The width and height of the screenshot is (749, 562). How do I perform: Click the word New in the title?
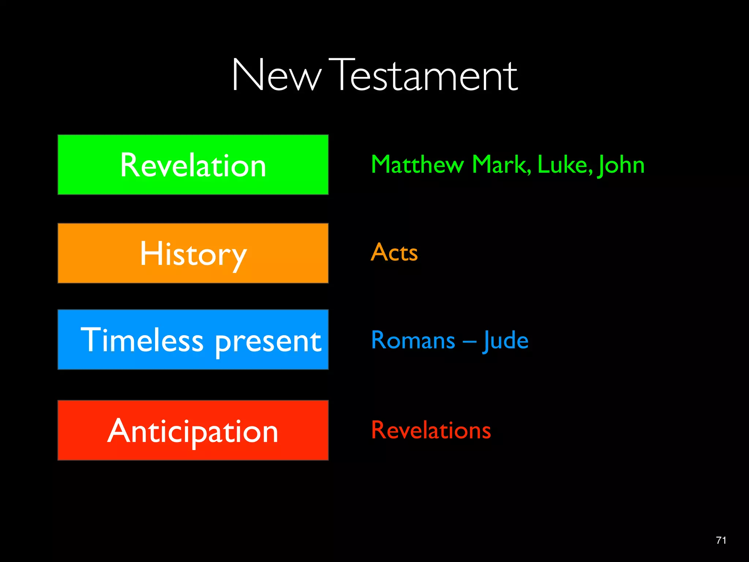(x=276, y=76)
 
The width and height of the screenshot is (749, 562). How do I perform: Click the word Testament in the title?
(x=426, y=76)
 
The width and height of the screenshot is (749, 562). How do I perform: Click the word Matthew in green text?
(x=417, y=165)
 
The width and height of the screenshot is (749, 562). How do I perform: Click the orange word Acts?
(x=394, y=252)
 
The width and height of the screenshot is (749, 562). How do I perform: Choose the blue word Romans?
(x=413, y=340)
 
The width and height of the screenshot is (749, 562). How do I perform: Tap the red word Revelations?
(x=431, y=430)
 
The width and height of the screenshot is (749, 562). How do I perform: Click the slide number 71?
(x=721, y=540)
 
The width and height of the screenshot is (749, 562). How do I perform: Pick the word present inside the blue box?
(x=268, y=342)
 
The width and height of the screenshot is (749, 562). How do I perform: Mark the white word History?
(x=193, y=254)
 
